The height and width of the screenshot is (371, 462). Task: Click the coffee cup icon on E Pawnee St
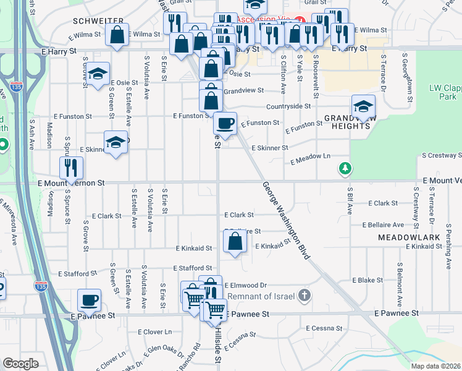point(90,301)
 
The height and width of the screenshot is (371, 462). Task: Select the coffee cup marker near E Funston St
point(225,123)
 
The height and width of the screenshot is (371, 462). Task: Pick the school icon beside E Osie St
point(98,74)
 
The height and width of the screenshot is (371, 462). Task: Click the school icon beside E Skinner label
point(115,143)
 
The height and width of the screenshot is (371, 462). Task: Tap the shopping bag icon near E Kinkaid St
point(235,241)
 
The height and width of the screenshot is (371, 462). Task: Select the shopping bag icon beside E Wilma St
point(117,35)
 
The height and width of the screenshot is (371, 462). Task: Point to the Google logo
point(20,364)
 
